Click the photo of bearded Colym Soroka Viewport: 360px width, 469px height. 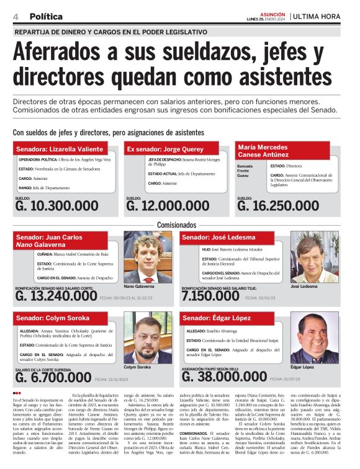click(147, 342)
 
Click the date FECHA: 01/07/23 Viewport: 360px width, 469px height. click(286, 378)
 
